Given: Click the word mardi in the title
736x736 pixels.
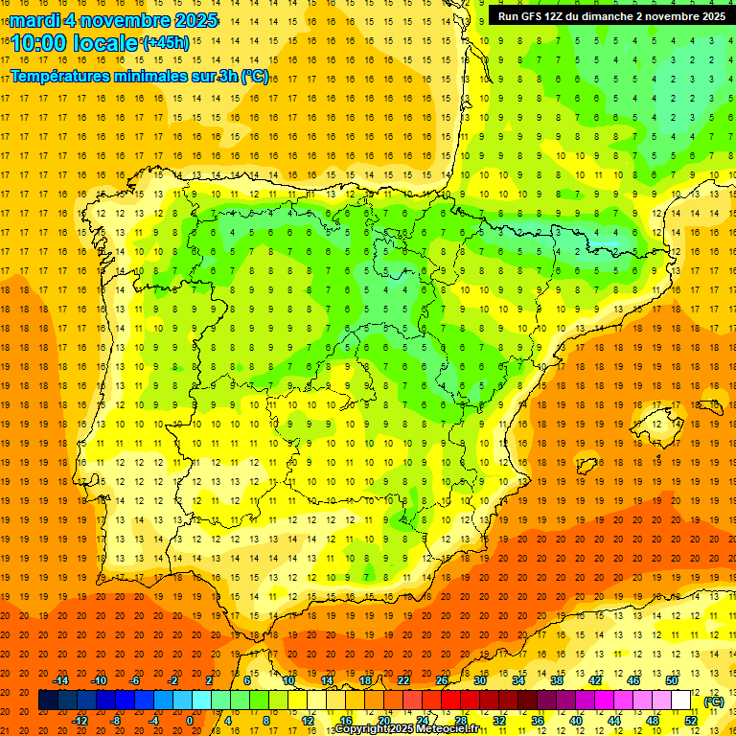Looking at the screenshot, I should pos(34,20).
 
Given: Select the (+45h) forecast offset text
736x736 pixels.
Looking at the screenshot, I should pos(166,42).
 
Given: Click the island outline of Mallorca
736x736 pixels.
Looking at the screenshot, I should pos(655,420).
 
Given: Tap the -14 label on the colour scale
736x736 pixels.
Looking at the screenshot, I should pos(61,680).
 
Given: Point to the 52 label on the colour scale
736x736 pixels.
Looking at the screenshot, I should pos(691,721).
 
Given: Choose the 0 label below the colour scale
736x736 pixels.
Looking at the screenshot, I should pos(190,721).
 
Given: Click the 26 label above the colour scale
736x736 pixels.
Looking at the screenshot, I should pos(442,680).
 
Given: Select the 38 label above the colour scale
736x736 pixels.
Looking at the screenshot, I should pos(557,680).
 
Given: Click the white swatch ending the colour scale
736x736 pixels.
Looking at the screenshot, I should pos(690,701).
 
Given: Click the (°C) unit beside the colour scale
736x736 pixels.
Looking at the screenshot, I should pos(714,701).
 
